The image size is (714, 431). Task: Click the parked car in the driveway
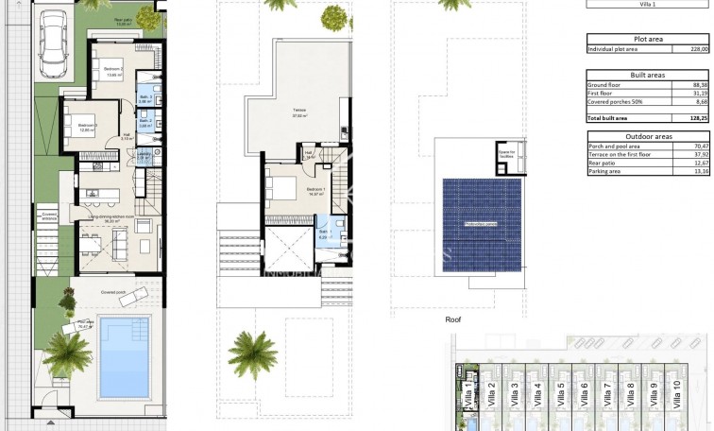pos(54,45)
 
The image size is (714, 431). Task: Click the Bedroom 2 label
pos(112,70)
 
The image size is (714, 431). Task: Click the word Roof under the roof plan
pos(453,320)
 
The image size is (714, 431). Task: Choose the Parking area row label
pos(604,171)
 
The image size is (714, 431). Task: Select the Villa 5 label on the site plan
pos(561,390)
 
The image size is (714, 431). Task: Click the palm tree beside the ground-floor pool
pos(67,353)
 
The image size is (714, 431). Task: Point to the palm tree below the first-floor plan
pos(253,353)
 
